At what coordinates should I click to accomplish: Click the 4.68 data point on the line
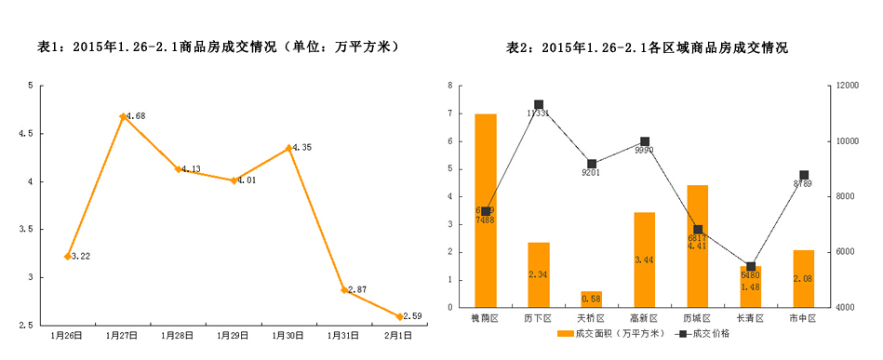123,116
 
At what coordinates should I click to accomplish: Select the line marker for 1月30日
288,148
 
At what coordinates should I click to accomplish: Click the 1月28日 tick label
178,335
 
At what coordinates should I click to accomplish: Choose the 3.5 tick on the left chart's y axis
33,229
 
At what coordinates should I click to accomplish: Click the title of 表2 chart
646,47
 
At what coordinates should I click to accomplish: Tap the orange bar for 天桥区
592,299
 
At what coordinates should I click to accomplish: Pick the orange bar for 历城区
698,246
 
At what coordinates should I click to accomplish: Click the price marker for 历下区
539,104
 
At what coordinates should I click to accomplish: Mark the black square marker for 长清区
751,267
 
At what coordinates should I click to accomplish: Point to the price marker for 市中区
804,175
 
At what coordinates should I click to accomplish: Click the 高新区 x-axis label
645,319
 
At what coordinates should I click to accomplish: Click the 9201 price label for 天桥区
592,173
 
